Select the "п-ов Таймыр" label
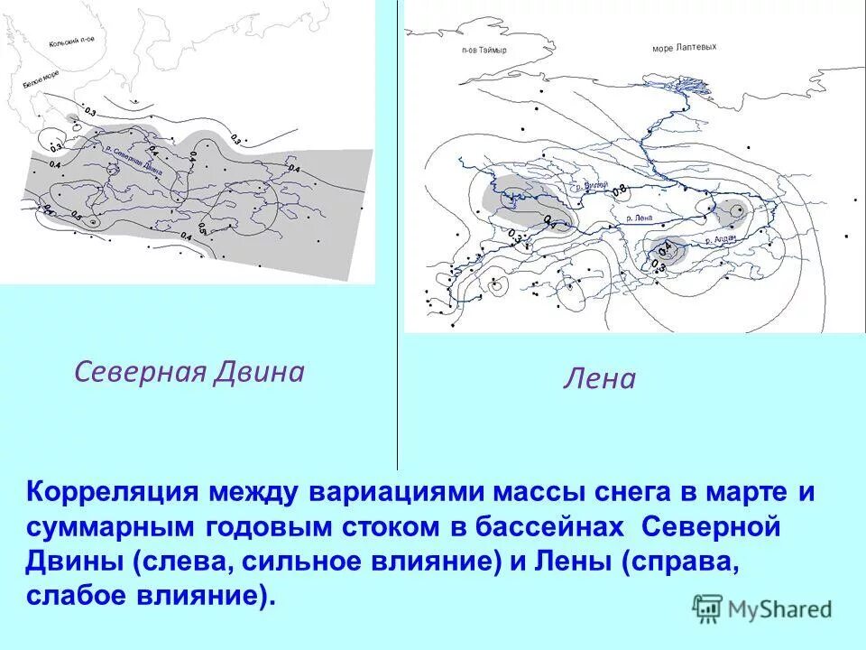tap(484, 51)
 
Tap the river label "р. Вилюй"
tap(590, 184)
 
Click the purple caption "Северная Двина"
tap(189, 372)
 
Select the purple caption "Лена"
tap(599, 378)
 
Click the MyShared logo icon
tap(708, 608)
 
